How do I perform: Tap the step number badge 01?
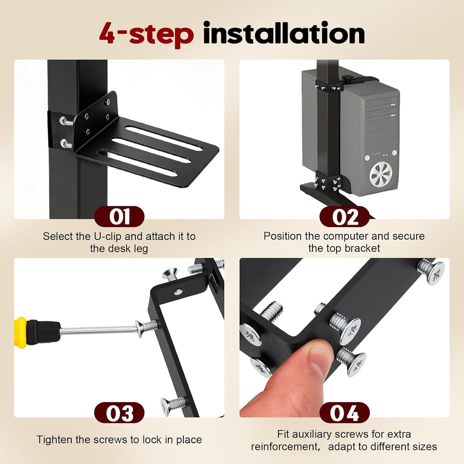pos(119,216)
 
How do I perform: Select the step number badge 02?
pos(345,216)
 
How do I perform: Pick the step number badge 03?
pos(119,412)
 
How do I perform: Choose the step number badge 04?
pos(345,412)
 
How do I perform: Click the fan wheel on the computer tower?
pos(381,174)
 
